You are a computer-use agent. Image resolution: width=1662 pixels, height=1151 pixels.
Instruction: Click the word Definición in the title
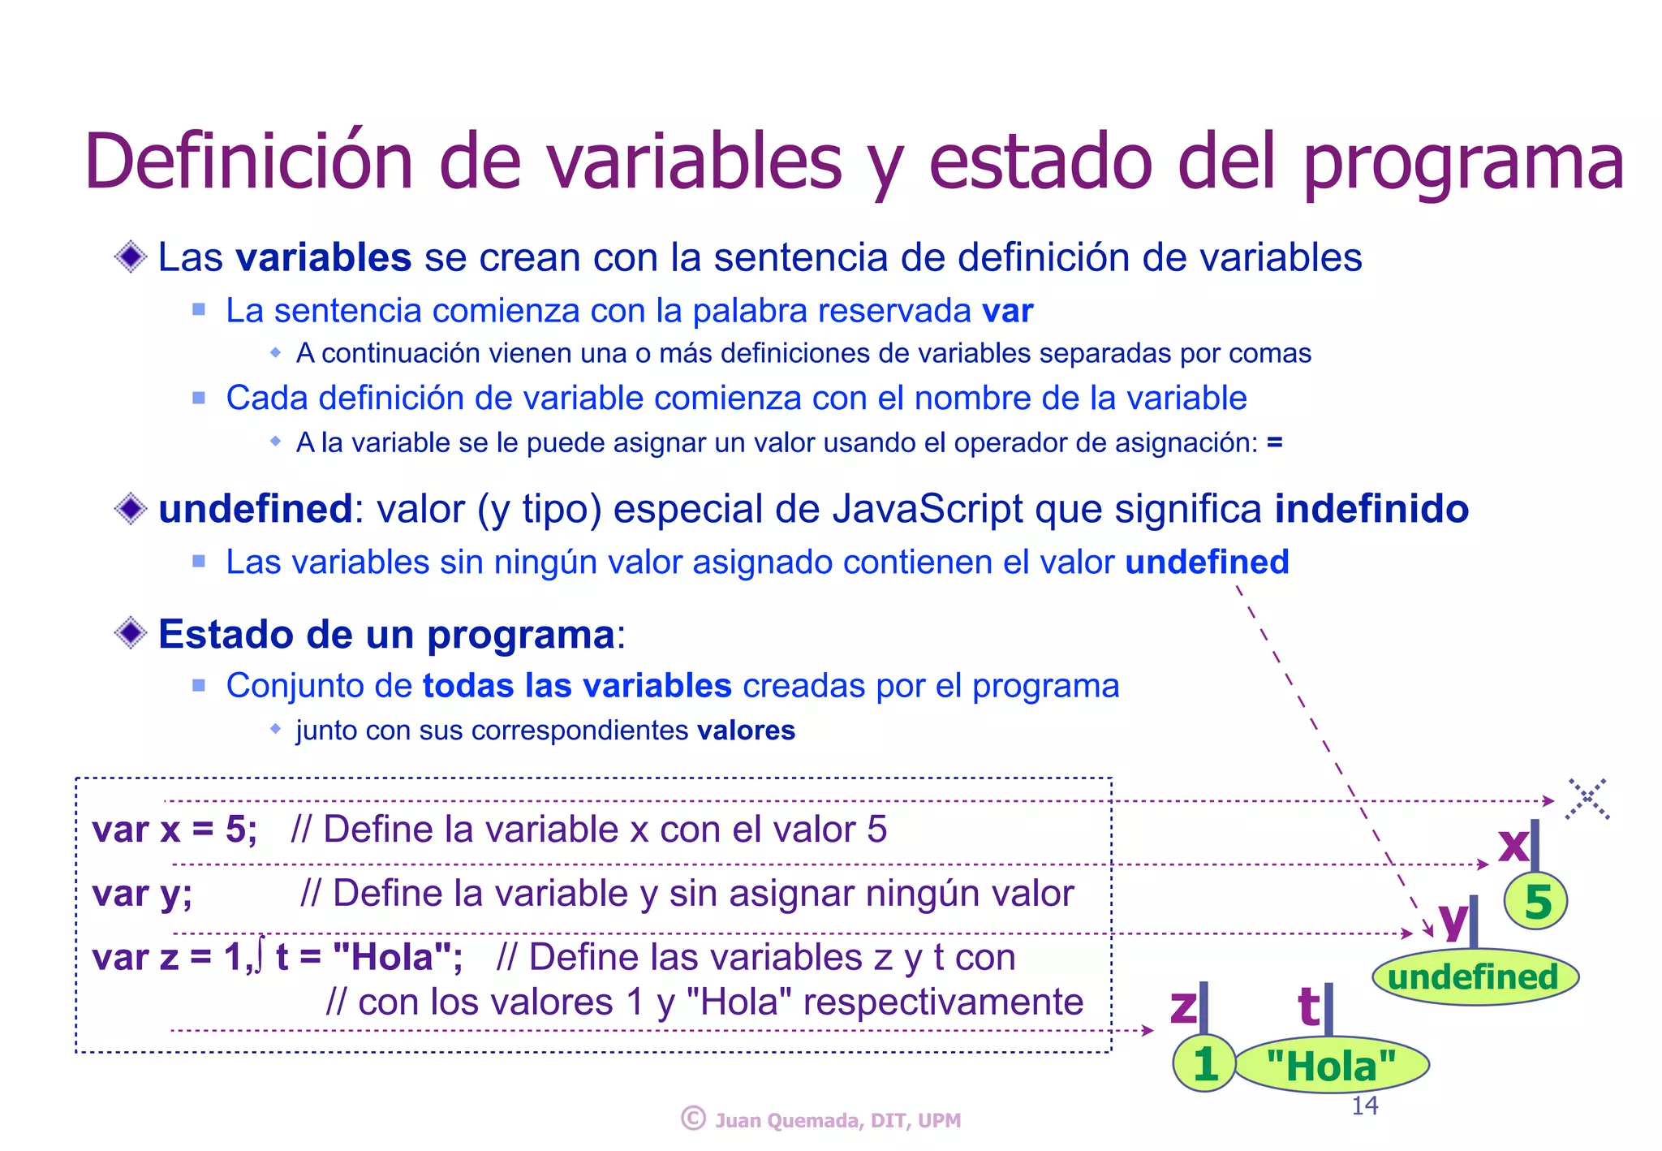pos(248,161)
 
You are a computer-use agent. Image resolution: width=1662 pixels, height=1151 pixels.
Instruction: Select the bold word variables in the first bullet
pos(323,257)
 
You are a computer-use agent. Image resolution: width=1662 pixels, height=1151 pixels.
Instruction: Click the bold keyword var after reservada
pos(1007,311)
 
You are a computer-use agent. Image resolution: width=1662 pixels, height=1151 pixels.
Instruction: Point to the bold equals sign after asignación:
pos(1275,442)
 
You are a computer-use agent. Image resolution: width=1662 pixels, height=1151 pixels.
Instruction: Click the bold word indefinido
pos(1371,509)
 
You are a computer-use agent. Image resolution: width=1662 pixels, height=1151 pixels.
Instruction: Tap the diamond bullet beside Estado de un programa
pos(131,633)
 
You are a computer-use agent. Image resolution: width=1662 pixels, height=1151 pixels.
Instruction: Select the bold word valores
pos(746,731)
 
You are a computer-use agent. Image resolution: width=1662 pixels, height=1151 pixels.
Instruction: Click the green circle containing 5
pos(1535,902)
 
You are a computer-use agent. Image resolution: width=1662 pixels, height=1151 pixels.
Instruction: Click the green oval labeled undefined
pos(1474,977)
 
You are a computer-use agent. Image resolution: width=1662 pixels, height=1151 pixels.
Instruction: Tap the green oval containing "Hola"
pos(1331,1065)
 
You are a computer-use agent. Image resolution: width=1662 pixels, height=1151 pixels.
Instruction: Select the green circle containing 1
pos(1204,1063)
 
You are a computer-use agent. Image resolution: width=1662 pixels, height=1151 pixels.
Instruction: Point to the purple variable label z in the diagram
pos(1183,1007)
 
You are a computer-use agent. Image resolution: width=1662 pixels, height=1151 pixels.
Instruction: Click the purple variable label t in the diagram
pos(1308,1007)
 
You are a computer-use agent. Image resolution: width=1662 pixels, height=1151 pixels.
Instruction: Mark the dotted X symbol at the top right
pos(1587,799)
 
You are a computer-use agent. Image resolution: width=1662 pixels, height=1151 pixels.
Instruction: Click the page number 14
pos(1364,1106)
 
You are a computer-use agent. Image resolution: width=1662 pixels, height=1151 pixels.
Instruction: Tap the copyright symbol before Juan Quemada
pos(693,1119)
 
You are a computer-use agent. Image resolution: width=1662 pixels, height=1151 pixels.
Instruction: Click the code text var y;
pos(142,894)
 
